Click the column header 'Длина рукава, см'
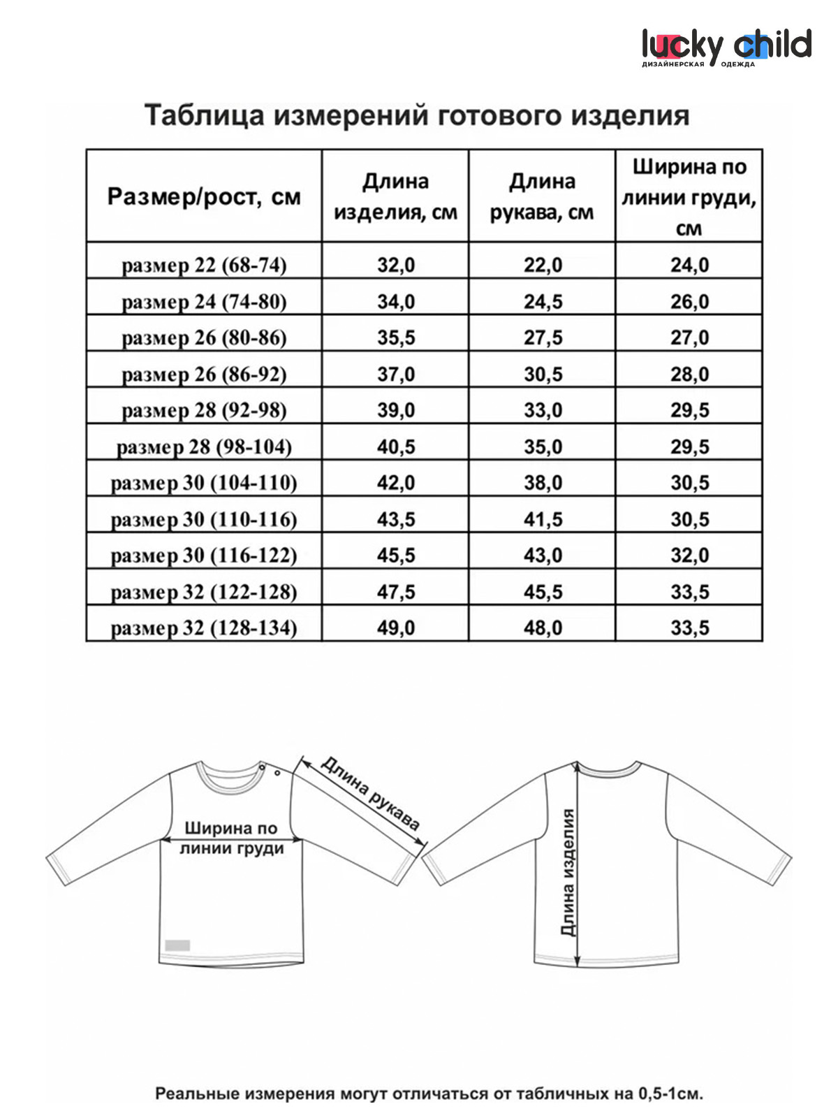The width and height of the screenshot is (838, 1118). [x=542, y=196]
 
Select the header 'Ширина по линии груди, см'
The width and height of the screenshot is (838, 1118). [x=689, y=196]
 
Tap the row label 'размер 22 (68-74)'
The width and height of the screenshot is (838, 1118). [x=204, y=266]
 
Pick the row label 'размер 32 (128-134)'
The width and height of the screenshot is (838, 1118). [x=204, y=627]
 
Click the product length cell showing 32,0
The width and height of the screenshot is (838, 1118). [x=396, y=266]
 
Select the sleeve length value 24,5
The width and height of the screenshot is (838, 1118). [x=543, y=302]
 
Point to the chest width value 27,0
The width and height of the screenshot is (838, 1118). [x=689, y=338]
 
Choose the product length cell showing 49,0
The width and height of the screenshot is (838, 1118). [x=396, y=627]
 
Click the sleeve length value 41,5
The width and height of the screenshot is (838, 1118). [x=543, y=519]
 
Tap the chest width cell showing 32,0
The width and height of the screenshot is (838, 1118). [x=689, y=556]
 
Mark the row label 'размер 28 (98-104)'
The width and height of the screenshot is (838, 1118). [x=204, y=447]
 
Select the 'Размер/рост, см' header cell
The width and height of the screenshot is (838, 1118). [x=204, y=196]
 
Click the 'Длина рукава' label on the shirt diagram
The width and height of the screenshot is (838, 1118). [x=370, y=794]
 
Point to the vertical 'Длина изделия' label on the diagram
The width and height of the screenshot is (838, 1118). [x=568, y=872]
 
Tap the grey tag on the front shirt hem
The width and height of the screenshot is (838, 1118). [x=177, y=945]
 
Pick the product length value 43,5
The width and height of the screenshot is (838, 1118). [x=396, y=519]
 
